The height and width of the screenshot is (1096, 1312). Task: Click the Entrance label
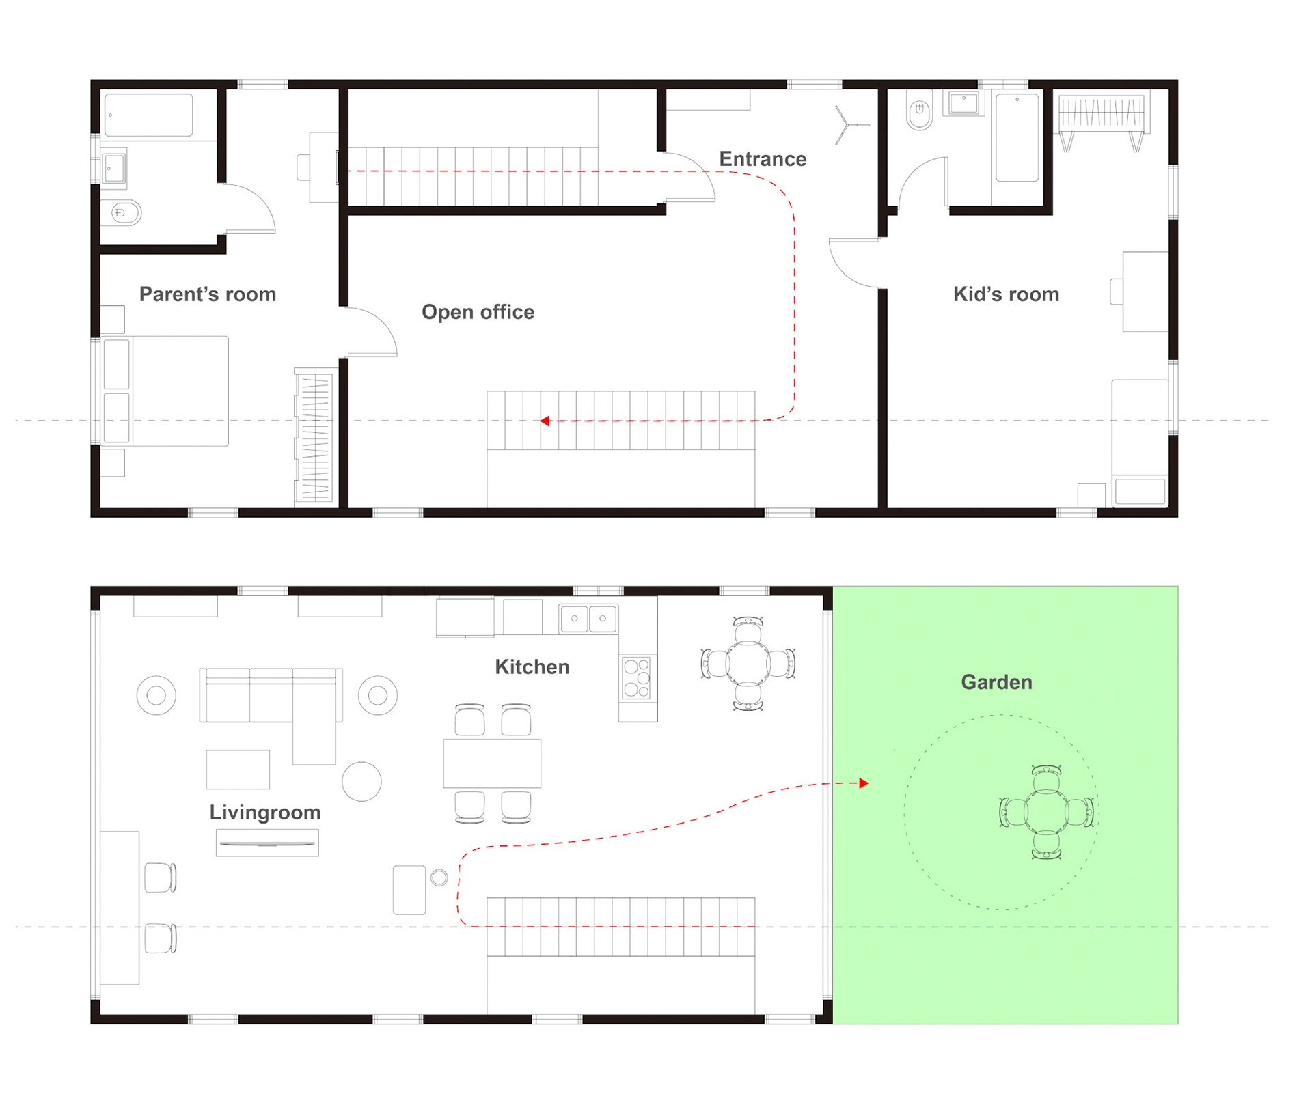(x=763, y=159)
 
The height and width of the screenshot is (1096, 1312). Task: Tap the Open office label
(x=478, y=312)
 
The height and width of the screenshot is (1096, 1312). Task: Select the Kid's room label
(x=1006, y=294)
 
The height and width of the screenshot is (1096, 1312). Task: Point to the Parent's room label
(x=208, y=294)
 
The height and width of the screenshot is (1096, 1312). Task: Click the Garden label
(x=996, y=682)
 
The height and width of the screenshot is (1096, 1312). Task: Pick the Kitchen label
(x=532, y=667)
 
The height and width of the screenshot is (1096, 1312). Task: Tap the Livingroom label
(x=265, y=813)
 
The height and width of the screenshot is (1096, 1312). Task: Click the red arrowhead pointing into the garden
(x=864, y=783)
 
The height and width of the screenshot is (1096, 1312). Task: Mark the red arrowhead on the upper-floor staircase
(x=545, y=421)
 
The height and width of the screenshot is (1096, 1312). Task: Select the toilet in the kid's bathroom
(x=919, y=111)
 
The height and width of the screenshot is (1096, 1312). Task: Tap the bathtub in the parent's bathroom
(x=149, y=115)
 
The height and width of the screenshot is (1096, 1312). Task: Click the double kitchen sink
(x=588, y=619)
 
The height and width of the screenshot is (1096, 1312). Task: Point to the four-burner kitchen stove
(x=637, y=677)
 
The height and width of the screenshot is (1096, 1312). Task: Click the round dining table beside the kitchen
(x=748, y=664)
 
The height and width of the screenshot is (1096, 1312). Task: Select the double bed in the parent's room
(x=165, y=391)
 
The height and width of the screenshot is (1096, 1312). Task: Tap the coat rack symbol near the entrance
(x=849, y=125)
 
